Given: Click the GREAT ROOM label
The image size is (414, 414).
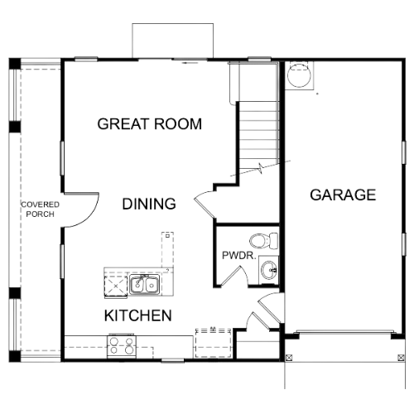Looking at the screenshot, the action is point(150,124).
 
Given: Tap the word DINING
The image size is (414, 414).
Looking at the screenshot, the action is point(149,204).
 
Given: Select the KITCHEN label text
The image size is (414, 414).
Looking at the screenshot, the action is point(138,315).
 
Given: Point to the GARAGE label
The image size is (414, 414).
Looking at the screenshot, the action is point(343,195).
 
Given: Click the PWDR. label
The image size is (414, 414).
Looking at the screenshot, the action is point(239,256).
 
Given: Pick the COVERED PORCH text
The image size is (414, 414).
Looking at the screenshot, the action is point(41,209).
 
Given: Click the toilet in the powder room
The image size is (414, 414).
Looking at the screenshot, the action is point(264,241).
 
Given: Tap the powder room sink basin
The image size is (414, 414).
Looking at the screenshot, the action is point(269,268).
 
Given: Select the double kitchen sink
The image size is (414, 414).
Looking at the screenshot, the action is point(145,284).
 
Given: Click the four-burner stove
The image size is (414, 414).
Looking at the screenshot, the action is point(122,346).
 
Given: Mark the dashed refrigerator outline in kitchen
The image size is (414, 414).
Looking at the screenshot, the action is point(213,343).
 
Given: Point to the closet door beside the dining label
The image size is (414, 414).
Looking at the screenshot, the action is point(205,205).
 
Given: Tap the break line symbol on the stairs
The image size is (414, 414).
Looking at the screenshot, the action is point(261,167).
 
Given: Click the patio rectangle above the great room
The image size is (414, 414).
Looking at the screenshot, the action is point(173,41).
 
